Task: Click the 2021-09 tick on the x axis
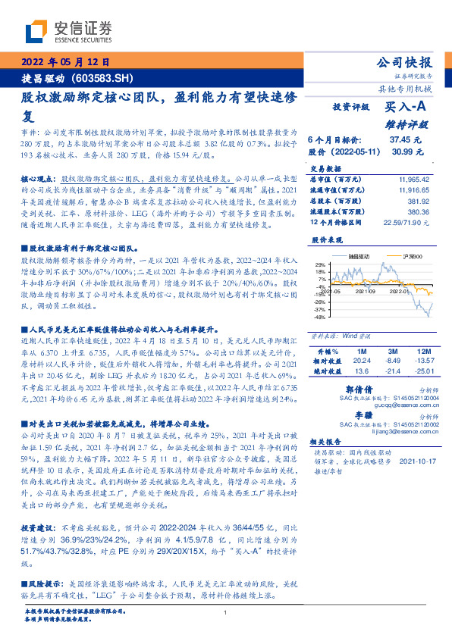tap(366, 290)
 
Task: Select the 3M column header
tap(392, 352)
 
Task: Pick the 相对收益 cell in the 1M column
tap(360, 361)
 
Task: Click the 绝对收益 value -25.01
tap(422, 371)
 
